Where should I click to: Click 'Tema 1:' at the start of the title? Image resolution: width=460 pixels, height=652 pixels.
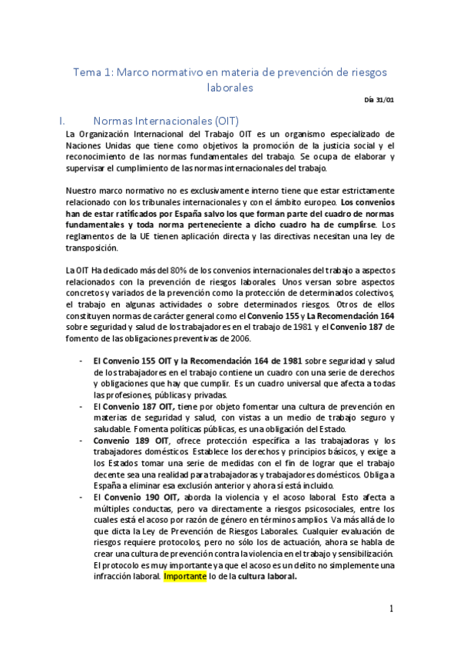click(x=91, y=72)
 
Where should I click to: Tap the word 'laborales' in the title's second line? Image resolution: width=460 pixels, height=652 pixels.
click(x=230, y=88)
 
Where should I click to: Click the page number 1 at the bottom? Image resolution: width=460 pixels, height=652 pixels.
click(x=391, y=609)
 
